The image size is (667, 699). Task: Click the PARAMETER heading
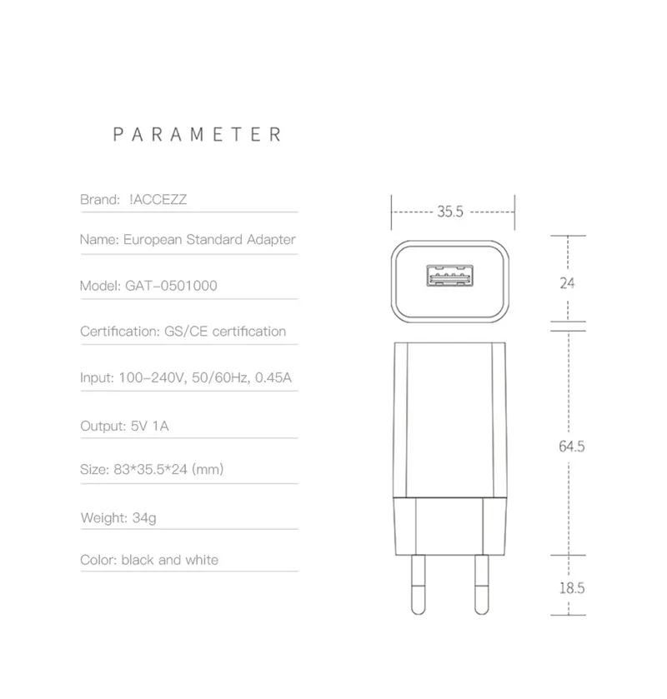(x=198, y=134)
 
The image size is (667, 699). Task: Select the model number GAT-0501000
(x=172, y=286)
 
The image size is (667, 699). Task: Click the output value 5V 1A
(x=150, y=426)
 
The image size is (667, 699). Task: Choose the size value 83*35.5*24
(x=150, y=470)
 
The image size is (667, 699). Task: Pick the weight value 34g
(x=144, y=517)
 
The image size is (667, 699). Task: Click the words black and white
(x=170, y=560)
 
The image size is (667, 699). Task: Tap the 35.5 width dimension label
(x=450, y=212)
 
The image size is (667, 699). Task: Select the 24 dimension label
(x=567, y=283)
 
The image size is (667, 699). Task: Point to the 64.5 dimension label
(x=571, y=447)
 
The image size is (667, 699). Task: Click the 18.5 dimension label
(x=571, y=587)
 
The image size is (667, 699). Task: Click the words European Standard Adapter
(x=209, y=240)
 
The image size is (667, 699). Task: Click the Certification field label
(x=115, y=332)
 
